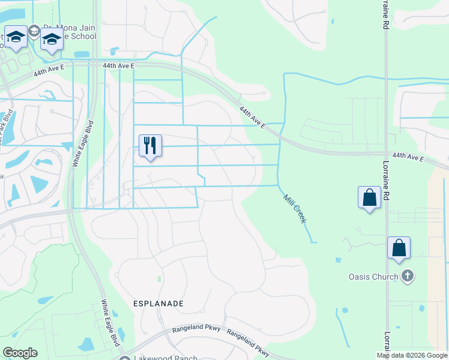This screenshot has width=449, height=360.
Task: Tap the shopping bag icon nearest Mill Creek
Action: click(369, 197)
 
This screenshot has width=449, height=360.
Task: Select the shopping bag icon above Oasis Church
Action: click(399, 248)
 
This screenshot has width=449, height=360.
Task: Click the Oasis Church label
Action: click(373, 277)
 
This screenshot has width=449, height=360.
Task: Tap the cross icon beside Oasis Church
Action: click(407, 276)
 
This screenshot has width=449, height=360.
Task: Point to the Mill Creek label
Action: click(295, 209)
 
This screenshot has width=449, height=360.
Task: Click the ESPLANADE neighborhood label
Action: click(158, 304)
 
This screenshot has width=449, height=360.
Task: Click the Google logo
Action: click(20, 353)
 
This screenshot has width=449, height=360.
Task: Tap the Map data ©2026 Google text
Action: click(411, 355)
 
